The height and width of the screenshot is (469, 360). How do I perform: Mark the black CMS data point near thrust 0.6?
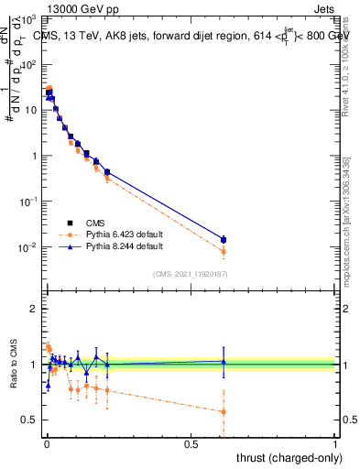click(x=223, y=240)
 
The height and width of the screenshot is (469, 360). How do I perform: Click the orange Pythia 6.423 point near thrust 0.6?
click(x=223, y=251)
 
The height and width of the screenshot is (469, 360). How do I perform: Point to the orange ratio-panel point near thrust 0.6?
click(x=223, y=411)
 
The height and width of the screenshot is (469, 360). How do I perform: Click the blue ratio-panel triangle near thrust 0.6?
click(x=223, y=362)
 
